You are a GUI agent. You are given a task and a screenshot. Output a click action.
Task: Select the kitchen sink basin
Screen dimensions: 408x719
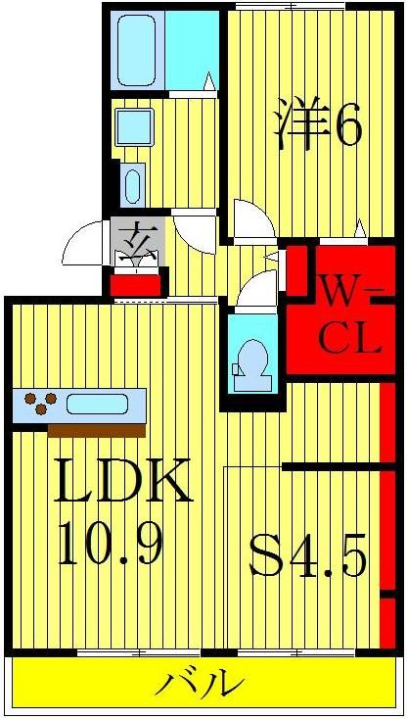pos(97,405)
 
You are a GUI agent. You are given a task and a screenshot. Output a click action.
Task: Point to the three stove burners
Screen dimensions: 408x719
pos(41,403)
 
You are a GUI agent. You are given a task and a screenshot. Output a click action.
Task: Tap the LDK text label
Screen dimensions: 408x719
pos(122,480)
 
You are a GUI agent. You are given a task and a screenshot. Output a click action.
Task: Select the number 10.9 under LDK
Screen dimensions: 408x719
pos(111,546)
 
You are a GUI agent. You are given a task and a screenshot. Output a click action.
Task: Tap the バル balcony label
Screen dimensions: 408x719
pos(200,681)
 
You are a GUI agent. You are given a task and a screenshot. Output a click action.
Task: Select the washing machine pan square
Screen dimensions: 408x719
pos(133,127)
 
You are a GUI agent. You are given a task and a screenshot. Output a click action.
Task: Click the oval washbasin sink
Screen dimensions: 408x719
pos(133,186)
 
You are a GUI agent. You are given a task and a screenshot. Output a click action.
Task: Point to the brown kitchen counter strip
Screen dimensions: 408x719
pos(97,431)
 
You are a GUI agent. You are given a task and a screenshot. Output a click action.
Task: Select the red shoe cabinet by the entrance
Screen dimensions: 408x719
pos(136,285)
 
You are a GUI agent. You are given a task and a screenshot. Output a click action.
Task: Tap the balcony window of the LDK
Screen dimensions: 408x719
pos(139,652)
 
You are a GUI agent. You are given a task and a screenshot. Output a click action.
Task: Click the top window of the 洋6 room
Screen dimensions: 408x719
pos(291,7)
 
